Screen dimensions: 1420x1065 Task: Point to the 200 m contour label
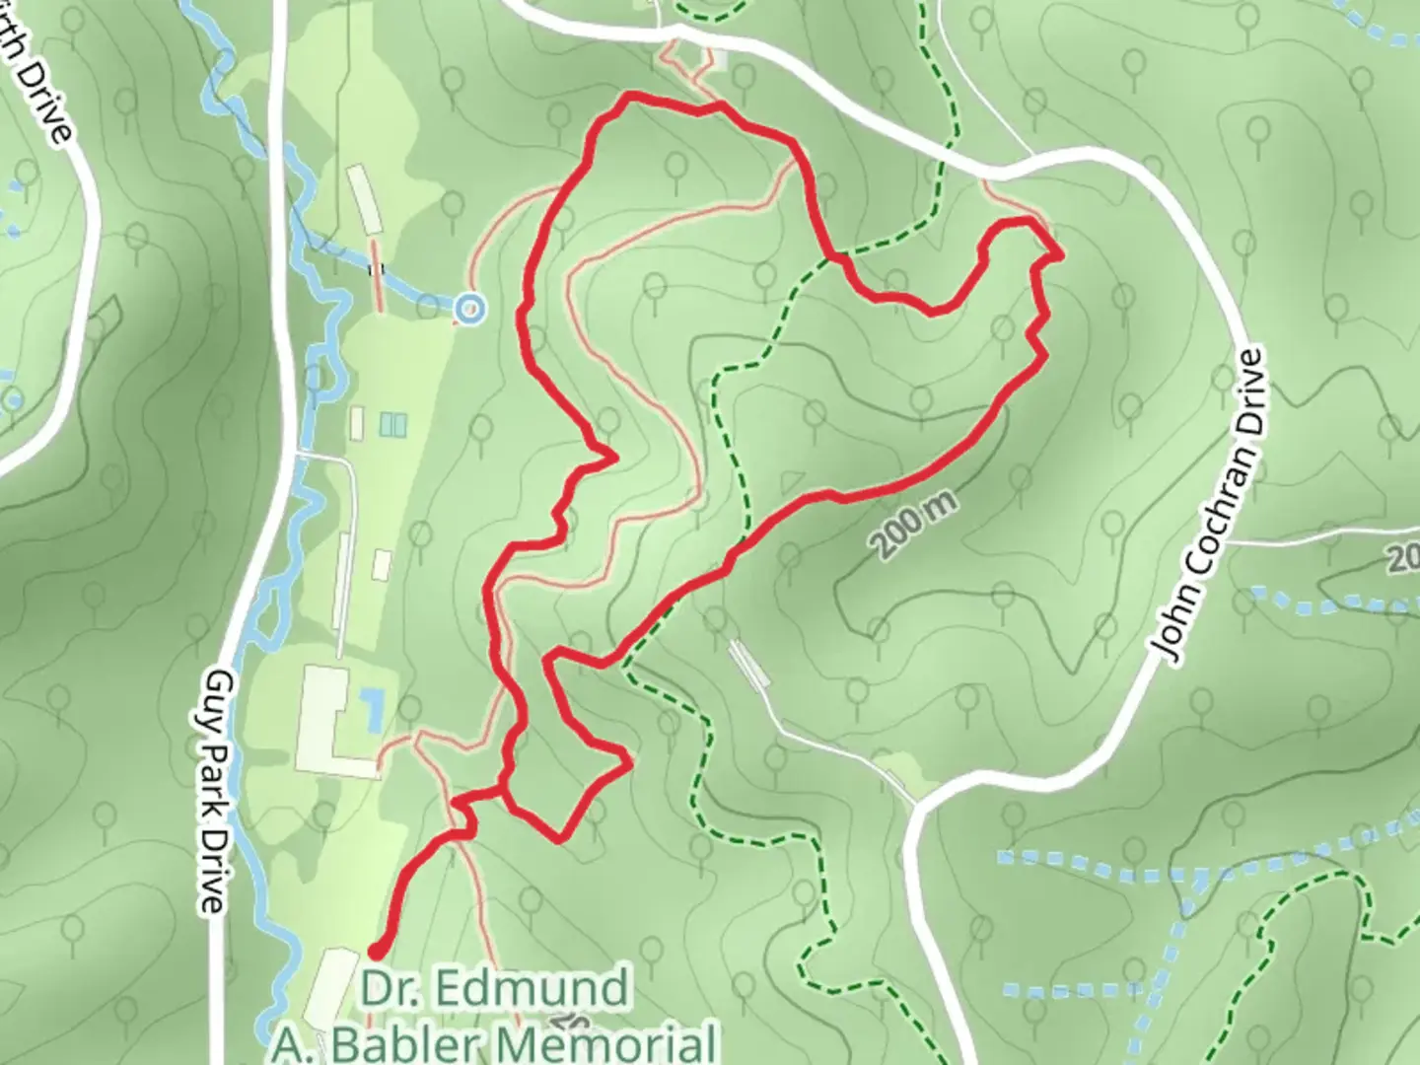pos(914,526)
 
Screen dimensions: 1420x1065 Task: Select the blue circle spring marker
pos(470,309)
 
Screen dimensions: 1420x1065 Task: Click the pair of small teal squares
pos(392,424)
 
